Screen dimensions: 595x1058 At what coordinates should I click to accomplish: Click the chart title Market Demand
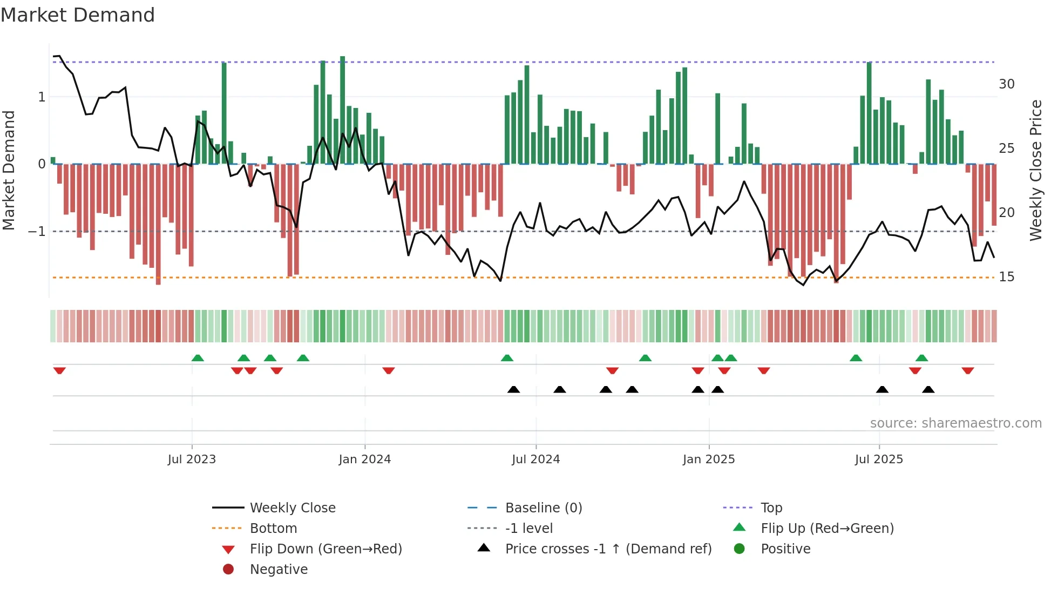point(78,15)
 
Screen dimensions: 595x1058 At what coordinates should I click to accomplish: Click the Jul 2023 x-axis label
point(192,459)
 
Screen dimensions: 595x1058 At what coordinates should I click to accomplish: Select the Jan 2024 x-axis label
point(364,459)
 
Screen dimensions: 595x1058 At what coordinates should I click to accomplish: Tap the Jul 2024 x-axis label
point(535,459)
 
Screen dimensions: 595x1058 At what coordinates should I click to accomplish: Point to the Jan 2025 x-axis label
point(708,459)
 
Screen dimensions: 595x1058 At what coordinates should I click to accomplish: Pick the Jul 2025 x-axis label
point(879,459)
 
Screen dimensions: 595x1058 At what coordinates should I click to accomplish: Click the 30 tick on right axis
point(1006,84)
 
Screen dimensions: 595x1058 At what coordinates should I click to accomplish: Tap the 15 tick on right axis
point(1006,277)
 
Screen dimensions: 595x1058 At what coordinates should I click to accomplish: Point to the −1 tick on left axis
point(37,232)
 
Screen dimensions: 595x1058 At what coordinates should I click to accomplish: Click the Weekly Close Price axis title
point(1035,170)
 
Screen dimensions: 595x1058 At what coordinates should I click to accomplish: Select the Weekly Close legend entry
point(292,508)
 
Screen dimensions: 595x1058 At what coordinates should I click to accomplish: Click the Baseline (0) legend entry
point(543,508)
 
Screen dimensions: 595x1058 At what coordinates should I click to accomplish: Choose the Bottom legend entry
point(273,529)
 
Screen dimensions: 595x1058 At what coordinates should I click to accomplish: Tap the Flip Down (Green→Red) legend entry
point(325,549)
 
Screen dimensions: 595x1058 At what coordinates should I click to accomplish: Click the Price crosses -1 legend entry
point(608,549)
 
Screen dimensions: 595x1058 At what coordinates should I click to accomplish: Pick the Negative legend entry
point(279,570)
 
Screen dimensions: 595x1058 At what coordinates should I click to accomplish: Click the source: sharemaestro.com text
point(955,423)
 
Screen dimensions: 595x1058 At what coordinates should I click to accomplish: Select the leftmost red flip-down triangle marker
point(59,371)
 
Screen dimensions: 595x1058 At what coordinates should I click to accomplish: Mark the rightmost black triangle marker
point(928,389)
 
